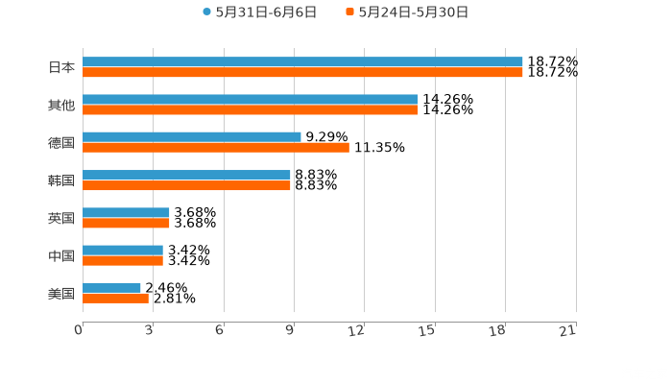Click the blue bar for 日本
(302, 62)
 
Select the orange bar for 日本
(302, 72)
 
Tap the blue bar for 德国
(192, 137)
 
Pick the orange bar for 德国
(216, 147)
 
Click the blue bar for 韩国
(186, 176)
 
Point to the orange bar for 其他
(250, 109)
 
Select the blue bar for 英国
(126, 213)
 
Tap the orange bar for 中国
(123, 260)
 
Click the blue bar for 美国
(111, 288)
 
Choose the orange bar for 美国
(115, 298)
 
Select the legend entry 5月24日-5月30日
(407, 12)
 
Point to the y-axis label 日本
(61, 67)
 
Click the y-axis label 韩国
(61, 180)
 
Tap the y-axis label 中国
(61, 255)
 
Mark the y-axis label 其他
(61, 105)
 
